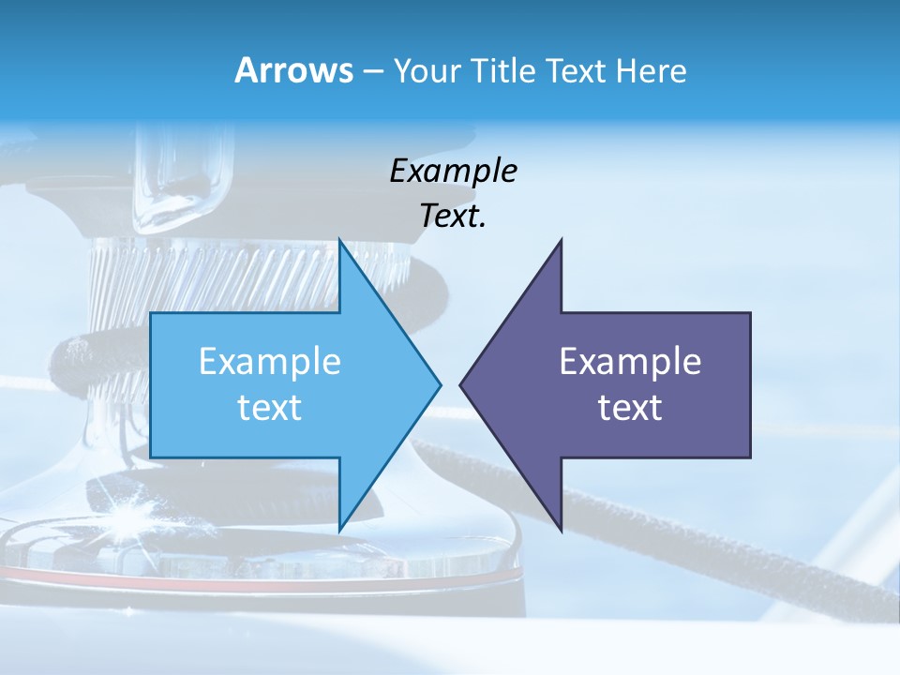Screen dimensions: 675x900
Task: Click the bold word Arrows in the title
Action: tap(293, 70)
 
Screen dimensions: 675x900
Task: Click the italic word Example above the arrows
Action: tap(453, 172)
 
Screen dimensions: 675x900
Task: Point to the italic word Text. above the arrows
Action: tap(453, 217)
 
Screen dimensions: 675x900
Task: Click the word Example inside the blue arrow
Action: tap(269, 362)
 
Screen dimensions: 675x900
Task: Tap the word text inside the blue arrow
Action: tap(269, 408)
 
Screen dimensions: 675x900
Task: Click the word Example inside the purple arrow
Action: tap(630, 362)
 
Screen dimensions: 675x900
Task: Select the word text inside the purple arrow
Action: tap(630, 408)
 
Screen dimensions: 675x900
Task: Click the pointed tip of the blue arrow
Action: tap(439, 384)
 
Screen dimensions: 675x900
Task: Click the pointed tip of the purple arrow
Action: tap(462, 384)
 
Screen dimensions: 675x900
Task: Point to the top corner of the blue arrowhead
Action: tap(339, 241)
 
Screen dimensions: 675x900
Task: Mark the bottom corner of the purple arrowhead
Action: tap(561, 528)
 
